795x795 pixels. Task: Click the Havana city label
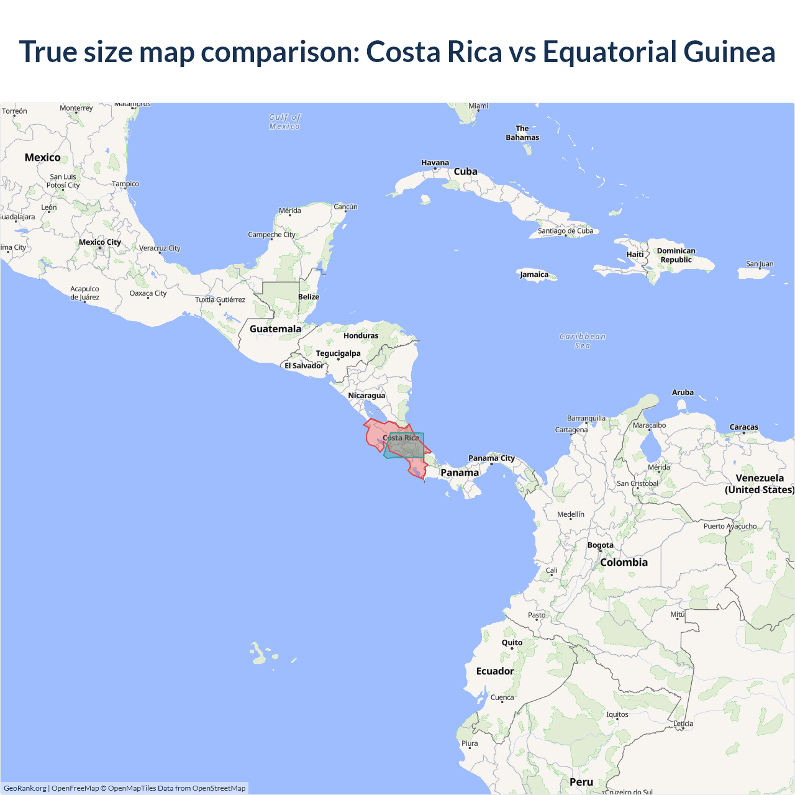(x=435, y=163)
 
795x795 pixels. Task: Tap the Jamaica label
(x=534, y=275)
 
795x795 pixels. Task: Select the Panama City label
(x=491, y=458)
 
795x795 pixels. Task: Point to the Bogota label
(x=600, y=545)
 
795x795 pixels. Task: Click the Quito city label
(x=512, y=643)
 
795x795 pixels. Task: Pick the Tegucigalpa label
(x=338, y=353)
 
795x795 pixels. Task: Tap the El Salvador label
(x=304, y=366)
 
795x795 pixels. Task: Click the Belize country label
(x=309, y=297)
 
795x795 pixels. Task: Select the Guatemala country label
(x=275, y=329)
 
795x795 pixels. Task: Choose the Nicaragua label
(x=366, y=396)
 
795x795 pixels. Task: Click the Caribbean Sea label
(x=582, y=341)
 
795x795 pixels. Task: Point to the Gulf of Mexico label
(x=284, y=122)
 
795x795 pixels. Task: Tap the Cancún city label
(x=345, y=207)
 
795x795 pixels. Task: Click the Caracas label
(x=743, y=427)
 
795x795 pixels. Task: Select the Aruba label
(x=683, y=393)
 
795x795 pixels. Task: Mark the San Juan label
(x=760, y=264)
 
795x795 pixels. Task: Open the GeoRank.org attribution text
(x=25, y=788)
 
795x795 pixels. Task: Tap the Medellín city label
(x=571, y=514)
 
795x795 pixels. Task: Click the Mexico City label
(x=100, y=242)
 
